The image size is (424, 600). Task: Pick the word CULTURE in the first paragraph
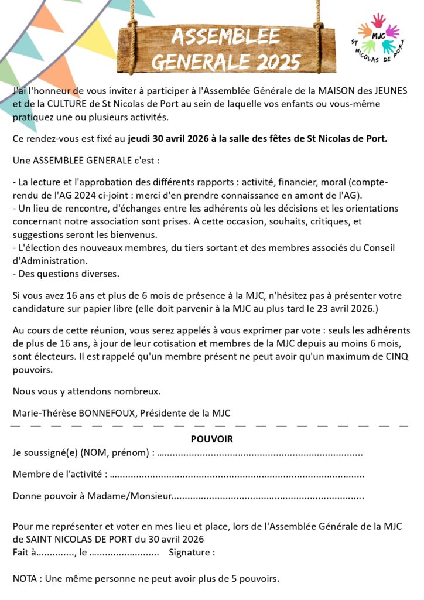point(64,104)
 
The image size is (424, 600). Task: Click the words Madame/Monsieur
point(129,496)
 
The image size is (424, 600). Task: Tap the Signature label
point(191,552)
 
